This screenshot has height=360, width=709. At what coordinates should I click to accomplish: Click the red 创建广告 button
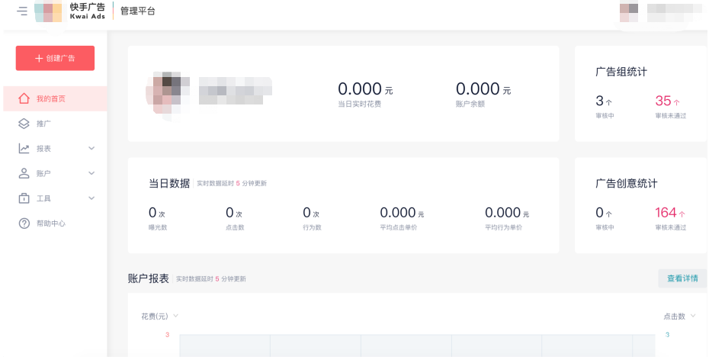(x=55, y=59)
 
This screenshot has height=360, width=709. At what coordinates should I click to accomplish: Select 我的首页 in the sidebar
(x=51, y=98)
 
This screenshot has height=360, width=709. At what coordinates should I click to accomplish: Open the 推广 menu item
(x=43, y=124)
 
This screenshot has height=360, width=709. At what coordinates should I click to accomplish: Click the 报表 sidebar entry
(x=44, y=149)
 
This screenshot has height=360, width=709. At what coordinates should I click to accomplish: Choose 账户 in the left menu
(x=44, y=173)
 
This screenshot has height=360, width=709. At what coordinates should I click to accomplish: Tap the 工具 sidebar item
(x=44, y=198)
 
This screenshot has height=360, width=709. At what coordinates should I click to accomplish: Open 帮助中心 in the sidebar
(x=50, y=223)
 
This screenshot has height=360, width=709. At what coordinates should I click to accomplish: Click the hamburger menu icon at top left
(x=22, y=11)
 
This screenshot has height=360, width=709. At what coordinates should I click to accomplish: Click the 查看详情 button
(x=682, y=278)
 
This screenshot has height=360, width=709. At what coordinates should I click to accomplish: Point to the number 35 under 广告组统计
(x=663, y=101)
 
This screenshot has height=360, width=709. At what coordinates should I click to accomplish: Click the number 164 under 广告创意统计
(x=666, y=213)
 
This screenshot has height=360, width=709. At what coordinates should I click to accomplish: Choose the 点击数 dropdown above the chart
(x=679, y=316)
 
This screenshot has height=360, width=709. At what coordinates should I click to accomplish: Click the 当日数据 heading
(x=169, y=183)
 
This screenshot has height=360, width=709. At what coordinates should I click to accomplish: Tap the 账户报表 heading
(x=149, y=278)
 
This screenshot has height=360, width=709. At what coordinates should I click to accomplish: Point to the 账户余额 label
(x=470, y=104)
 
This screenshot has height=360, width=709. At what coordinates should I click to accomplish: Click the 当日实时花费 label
(x=359, y=104)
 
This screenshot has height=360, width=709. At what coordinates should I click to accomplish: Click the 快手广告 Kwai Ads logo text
(x=88, y=11)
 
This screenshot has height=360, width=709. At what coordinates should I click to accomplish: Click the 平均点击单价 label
(x=399, y=227)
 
